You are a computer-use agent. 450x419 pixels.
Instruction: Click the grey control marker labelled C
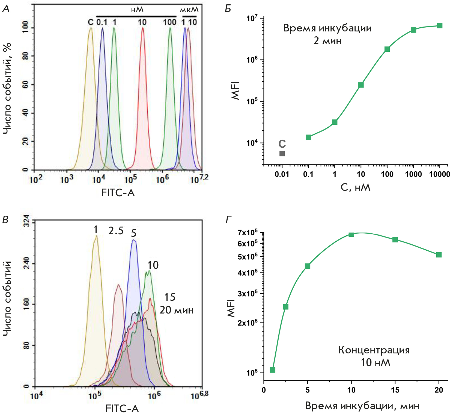(282, 153)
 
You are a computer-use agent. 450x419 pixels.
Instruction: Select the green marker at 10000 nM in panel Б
(440, 26)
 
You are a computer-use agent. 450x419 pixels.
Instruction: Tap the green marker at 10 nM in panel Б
(361, 85)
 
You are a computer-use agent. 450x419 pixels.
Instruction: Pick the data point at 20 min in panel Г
(439, 255)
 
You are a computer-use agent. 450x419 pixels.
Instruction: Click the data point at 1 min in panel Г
(272, 370)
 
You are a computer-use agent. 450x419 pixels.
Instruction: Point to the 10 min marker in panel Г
(351, 235)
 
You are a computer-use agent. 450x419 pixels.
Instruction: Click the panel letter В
(5, 220)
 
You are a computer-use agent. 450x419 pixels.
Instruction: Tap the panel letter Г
(229, 220)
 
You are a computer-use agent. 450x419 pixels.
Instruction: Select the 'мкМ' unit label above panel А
(189, 10)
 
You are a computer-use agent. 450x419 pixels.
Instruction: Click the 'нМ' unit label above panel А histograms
(137, 10)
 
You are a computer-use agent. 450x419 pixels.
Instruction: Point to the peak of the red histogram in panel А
(142, 28)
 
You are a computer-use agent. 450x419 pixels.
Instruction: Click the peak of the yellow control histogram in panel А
(91, 28)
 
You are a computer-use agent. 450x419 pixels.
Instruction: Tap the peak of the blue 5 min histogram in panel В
(133, 240)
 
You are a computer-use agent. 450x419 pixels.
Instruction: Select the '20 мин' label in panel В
(177, 310)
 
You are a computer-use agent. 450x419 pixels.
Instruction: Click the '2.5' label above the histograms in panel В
(116, 231)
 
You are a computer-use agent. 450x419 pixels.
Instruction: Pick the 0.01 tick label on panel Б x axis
(282, 174)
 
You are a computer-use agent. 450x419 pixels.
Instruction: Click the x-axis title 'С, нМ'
(356, 187)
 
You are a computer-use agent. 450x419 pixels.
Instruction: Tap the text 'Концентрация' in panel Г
(374, 350)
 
